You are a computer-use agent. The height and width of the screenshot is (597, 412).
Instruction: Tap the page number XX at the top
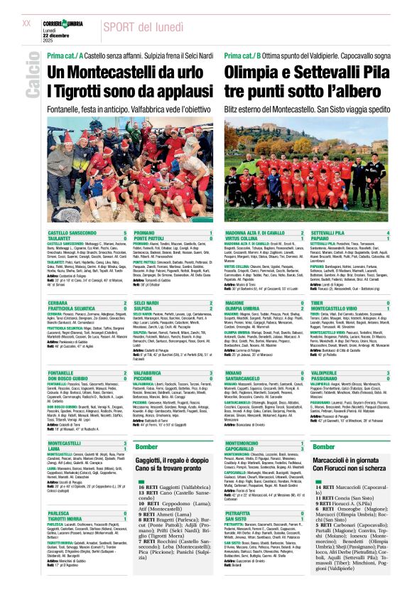pyautogui.click(x=26, y=23)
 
